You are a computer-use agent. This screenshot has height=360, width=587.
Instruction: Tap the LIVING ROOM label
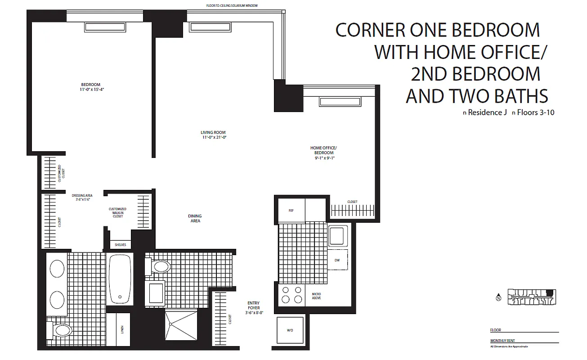(x=213, y=135)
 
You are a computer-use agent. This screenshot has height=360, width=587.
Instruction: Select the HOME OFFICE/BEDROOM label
(x=323, y=153)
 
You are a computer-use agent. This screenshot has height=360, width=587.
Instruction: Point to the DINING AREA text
(x=195, y=218)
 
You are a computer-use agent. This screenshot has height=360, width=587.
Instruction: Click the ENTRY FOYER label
(x=254, y=307)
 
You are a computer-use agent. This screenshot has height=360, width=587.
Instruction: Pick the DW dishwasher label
(x=337, y=260)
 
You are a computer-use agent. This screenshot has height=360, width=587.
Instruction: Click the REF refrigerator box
(x=291, y=210)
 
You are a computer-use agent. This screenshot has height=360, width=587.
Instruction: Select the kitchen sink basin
(x=337, y=236)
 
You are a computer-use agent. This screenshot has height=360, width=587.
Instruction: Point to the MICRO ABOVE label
(x=316, y=296)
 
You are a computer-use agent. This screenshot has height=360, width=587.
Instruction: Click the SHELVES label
(x=120, y=245)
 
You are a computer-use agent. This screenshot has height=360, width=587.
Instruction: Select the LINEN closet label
(x=122, y=330)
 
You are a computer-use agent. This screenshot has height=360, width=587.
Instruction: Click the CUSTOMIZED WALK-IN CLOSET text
(x=117, y=212)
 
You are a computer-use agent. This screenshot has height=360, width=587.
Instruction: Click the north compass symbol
(x=498, y=297)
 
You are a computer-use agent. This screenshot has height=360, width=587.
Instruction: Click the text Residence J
(x=484, y=112)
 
